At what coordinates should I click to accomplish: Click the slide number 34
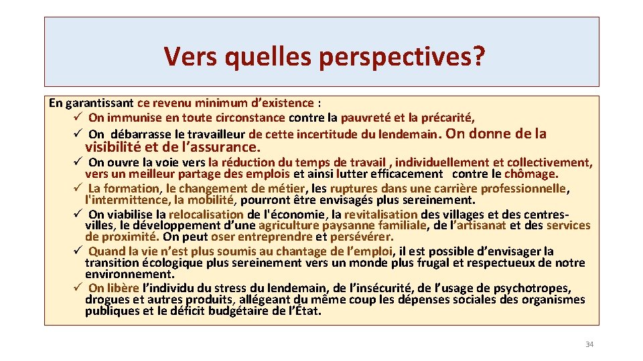coord(589,344)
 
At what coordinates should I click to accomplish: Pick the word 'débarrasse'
coord(139,134)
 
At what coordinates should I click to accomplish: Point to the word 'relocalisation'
coord(206,215)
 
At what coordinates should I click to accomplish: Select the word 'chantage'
coord(303,251)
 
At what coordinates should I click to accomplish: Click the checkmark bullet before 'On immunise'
coord(78,118)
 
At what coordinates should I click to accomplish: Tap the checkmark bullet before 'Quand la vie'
coord(78,251)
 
